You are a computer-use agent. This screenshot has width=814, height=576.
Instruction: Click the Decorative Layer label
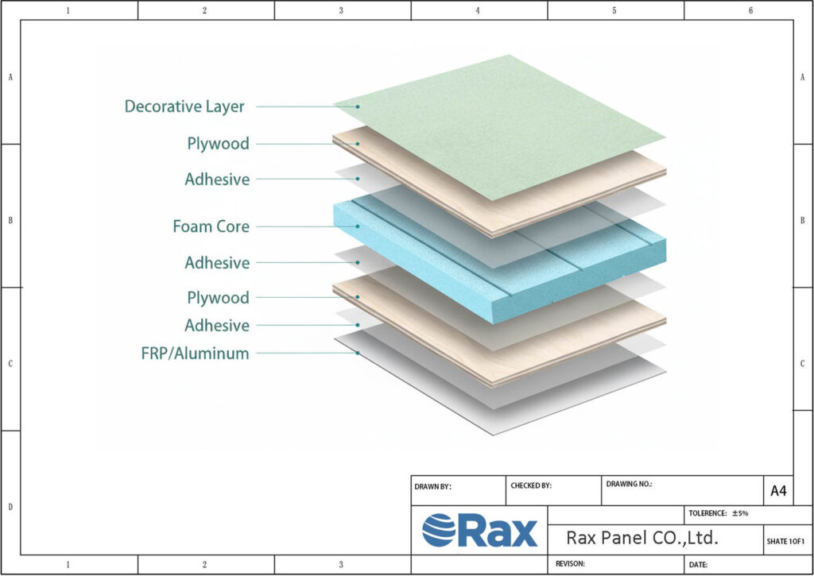(x=184, y=106)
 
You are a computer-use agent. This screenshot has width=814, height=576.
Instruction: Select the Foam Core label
(x=211, y=226)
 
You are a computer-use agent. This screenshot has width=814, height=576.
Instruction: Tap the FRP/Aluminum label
(x=195, y=354)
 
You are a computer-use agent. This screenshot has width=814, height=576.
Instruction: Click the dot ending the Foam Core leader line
(x=358, y=226)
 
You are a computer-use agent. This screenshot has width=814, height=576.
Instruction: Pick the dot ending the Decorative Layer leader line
(x=358, y=106)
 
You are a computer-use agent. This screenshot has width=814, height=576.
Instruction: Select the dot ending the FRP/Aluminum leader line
(x=358, y=354)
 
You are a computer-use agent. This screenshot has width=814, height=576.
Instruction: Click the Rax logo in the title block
(x=479, y=531)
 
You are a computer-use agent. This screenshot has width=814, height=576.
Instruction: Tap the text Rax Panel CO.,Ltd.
(x=642, y=538)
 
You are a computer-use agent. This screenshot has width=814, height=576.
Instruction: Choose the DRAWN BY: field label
(x=433, y=486)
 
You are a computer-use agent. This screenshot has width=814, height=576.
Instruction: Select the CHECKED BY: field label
(x=530, y=485)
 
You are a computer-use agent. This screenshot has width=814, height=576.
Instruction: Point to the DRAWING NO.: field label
(x=629, y=483)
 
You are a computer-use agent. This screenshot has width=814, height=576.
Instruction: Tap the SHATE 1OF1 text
(x=786, y=541)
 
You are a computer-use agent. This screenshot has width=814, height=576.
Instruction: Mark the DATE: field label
(x=699, y=565)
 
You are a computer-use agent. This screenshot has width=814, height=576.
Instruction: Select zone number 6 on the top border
(x=750, y=10)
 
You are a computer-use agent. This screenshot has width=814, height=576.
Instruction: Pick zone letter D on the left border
(x=10, y=506)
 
